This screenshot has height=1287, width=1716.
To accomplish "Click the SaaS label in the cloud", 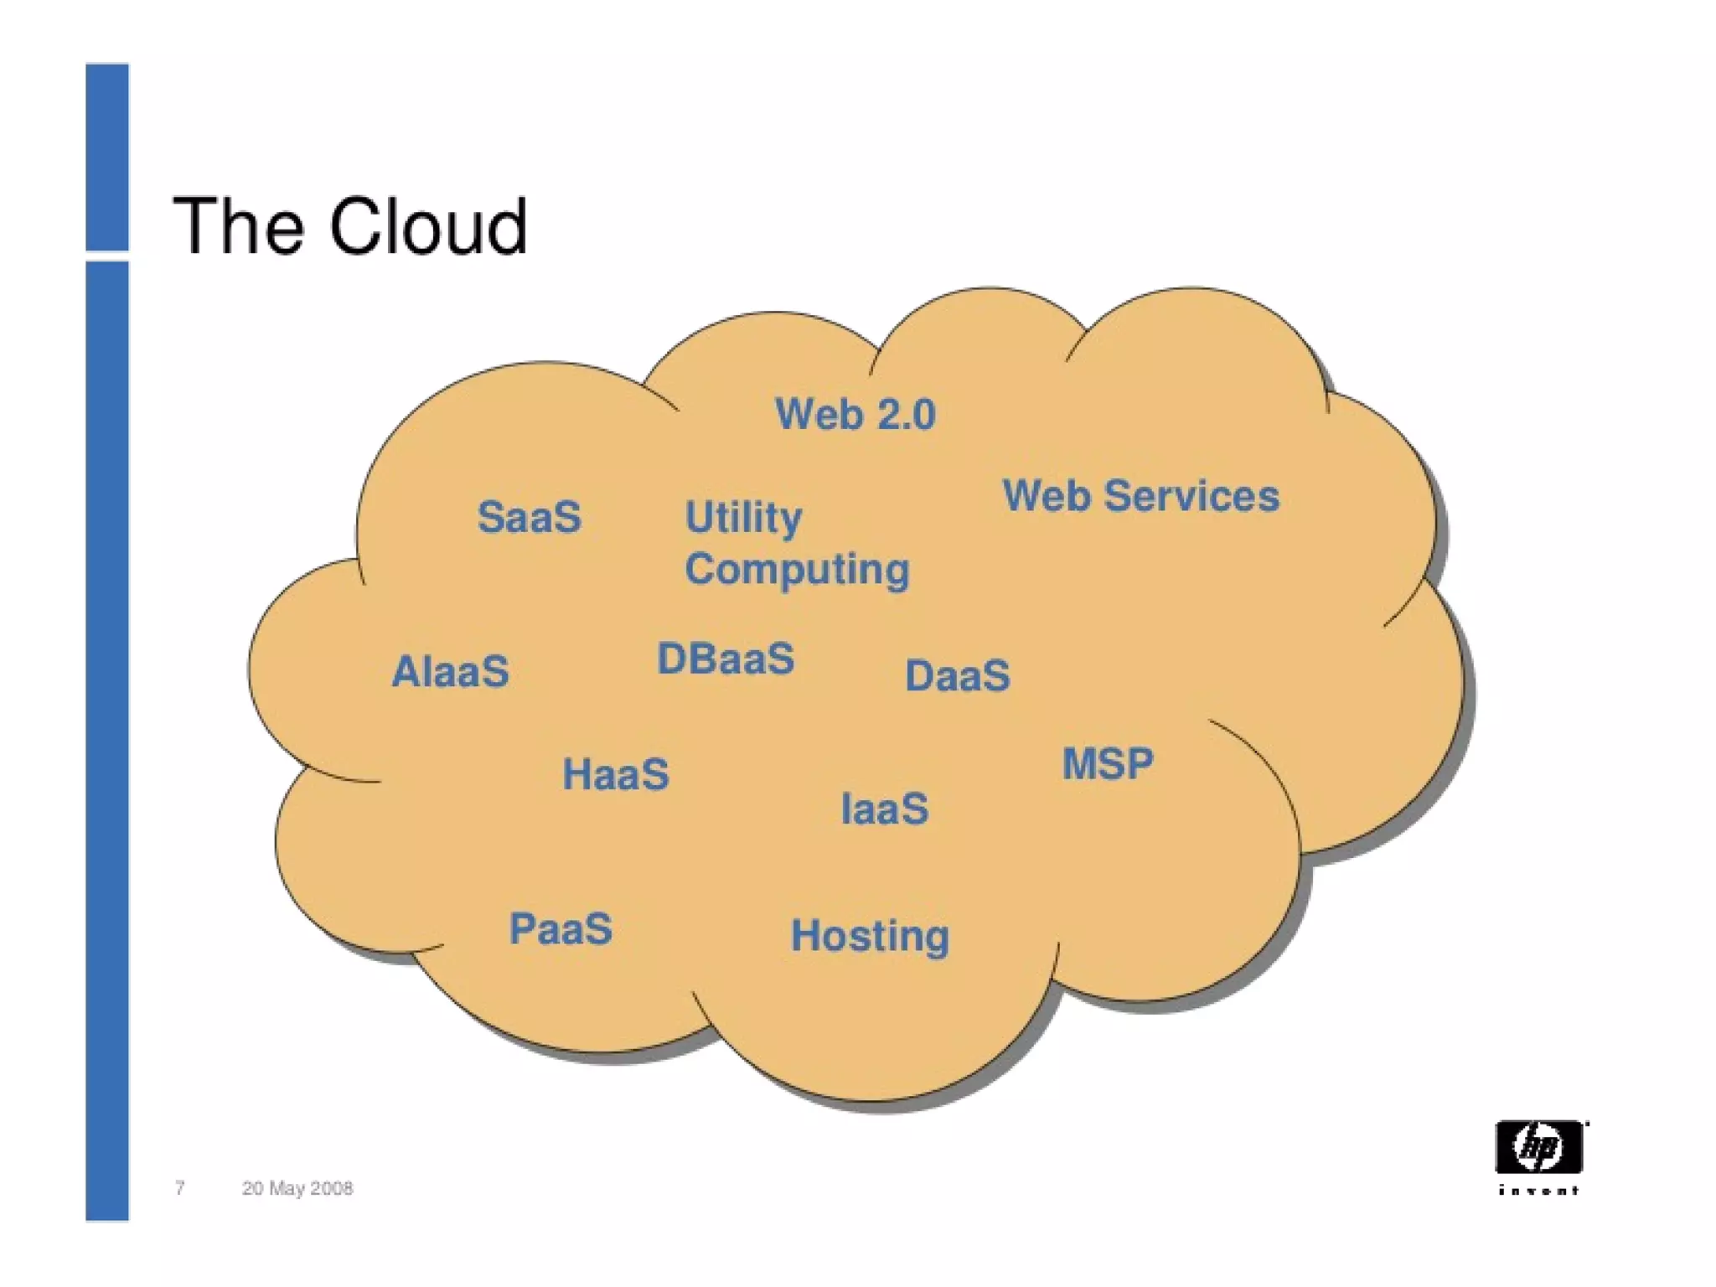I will pyautogui.click(x=529, y=516).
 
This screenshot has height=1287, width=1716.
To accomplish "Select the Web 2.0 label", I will pyautogui.click(x=855, y=414).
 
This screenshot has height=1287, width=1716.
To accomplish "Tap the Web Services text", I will pyautogui.click(x=1140, y=495).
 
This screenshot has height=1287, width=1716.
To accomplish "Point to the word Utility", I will pyautogui.click(x=743, y=517).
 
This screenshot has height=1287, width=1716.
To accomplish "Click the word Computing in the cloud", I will pyautogui.click(x=797, y=570).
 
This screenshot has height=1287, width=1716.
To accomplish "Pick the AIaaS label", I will pyautogui.click(x=450, y=671).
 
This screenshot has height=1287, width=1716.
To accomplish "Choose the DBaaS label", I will pyautogui.click(x=726, y=659).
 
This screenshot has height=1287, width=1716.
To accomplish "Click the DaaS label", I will pyautogui.click(x=958, y=675).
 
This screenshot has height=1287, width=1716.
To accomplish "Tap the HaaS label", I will pyautogui.click(x=616, y=773).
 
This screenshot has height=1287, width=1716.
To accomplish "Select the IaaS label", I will pyautogui.click(x=885, y=809).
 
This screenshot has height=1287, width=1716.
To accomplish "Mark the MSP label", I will pyautogui.click(x=1108, y=763).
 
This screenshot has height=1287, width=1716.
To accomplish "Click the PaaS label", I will pyautogui.click(x=561, y=928).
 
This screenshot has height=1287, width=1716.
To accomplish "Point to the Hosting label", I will pyautogui.click(x=870, y=935).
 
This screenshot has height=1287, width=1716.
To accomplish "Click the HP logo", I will pyautogui.click(x=1538, y=1147).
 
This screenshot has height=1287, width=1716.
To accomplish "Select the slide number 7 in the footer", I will pyautogui.click(x=179, y=1187).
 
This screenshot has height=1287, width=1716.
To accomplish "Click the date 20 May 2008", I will pyautogui.click(x=297, y=1188).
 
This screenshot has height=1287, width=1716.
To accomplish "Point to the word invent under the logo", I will pyautogui.click(x=1538, y=1190).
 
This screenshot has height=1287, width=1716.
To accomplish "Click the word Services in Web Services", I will pyautogui.click(x=1191, y=495).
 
